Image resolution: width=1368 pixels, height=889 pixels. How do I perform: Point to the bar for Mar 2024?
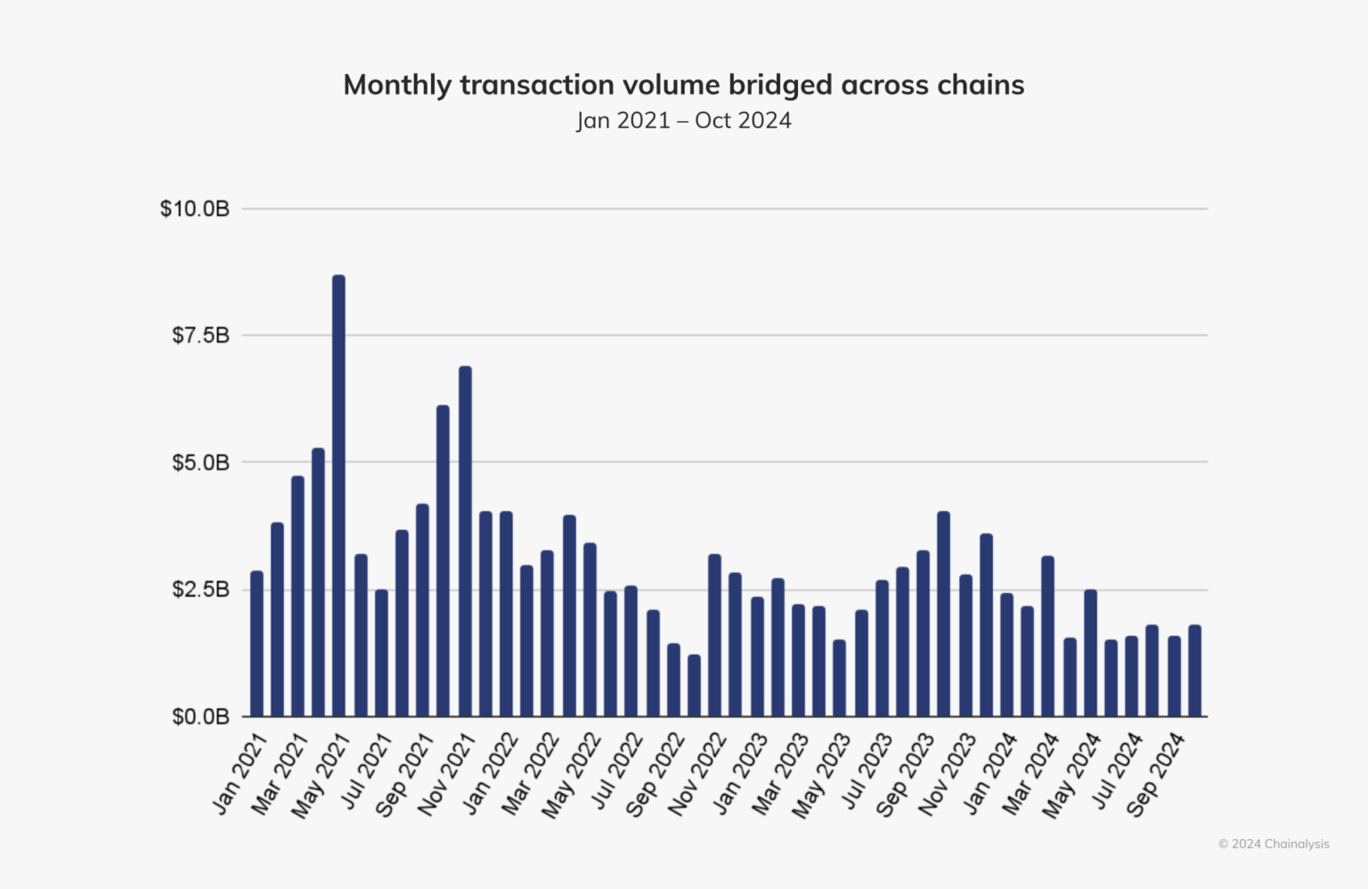click(x=1047, y=636)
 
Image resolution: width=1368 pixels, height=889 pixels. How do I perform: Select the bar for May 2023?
click(x=839, y=678)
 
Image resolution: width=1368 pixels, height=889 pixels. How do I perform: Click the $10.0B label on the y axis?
click(x=194, y=208)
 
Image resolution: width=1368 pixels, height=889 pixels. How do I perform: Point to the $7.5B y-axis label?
click(x=200, y=336)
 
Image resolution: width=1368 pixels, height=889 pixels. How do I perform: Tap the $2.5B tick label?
click(x=200, y=590)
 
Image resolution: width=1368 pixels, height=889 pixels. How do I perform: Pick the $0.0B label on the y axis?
click(x=200, y=716)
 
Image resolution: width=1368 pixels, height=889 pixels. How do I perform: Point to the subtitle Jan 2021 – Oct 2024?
click(x=683, y=120)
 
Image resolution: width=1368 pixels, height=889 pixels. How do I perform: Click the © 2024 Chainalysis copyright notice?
click(x=1273, y=844)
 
